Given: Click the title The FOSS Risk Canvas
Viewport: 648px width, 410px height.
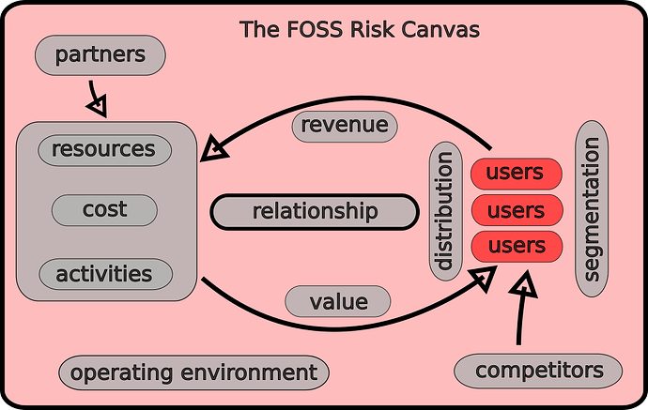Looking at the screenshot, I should [x=360, y=29].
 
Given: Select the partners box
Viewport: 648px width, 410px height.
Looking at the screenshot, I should [x=100, y=55].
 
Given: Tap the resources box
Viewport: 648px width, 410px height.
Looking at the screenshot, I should [x=103, y=149].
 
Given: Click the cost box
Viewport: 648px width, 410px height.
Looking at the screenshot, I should [x=103, y=210].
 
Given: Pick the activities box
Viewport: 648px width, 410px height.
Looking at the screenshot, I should [x=103, y=274].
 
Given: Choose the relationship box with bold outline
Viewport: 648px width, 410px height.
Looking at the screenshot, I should [x=314, y=211].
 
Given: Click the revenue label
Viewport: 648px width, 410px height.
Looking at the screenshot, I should [x=345, y=126].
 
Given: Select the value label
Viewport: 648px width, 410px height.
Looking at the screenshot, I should [x=337, y=301].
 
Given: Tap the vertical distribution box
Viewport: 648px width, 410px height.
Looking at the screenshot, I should [x=446, y=211].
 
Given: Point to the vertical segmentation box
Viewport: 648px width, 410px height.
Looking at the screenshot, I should [x=592, y=209].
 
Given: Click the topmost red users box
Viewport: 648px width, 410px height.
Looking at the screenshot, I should [x=516, y=174].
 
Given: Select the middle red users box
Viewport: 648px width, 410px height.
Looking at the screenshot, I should [x=516, y=209].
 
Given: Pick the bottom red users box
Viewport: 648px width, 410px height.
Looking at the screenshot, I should [x=516, y=246].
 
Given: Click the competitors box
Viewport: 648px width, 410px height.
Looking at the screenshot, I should [x=538, y=371].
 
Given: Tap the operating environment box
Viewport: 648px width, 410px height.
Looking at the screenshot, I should [x=193, y=372].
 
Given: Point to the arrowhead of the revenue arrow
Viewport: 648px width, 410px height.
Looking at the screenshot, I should [x=215, y=146].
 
